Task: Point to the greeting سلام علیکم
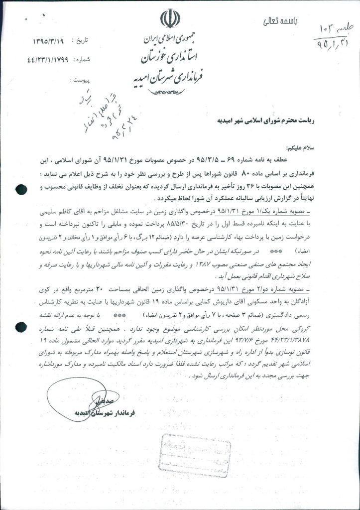click(302, 148)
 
